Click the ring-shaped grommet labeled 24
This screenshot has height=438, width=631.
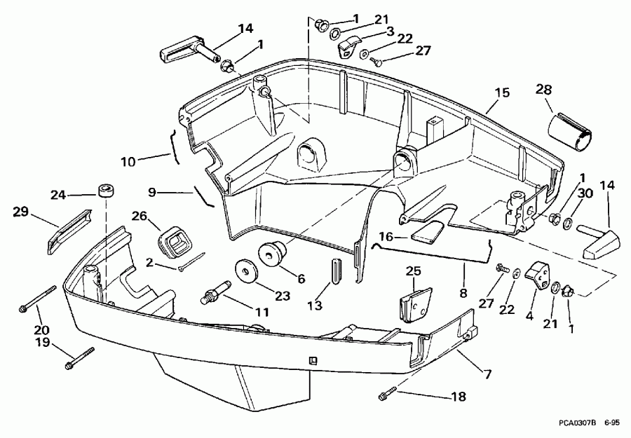tap(107, 191)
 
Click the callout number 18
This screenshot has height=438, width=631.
tap(457, 397)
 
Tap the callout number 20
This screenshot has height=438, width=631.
tap(42, 329)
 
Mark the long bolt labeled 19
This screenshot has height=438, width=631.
tap(79, 357)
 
